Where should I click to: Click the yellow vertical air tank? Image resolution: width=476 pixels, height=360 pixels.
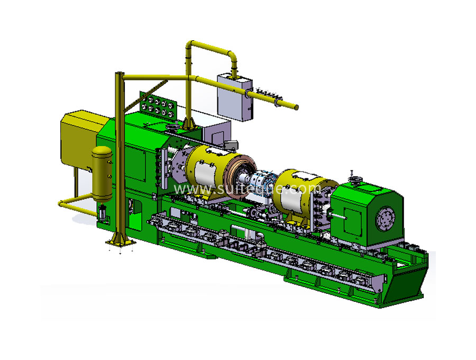coord(102,174)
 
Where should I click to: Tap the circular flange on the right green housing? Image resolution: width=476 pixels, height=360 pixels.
coord(385,218)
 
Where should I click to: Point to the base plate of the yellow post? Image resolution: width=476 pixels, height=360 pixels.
coord(121,242)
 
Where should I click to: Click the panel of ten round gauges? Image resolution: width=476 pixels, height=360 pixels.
coord(157,104)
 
